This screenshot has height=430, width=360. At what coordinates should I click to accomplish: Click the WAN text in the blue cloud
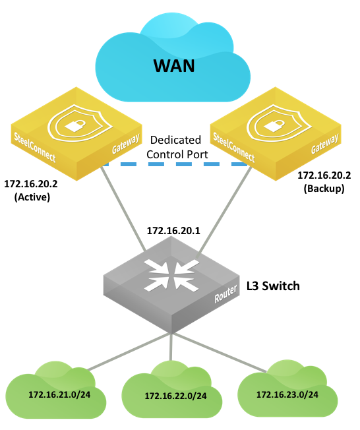coord(174,66)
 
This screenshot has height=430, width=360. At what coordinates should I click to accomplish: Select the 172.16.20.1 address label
coord(173,231)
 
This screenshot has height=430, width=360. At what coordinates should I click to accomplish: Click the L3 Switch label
coord(273,286)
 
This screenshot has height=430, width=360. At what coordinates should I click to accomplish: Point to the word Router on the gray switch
coord(225,294)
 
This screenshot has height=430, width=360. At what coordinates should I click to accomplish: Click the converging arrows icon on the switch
coord(172,275)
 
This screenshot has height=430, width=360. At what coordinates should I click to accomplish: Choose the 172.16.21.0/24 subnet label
coord(59,394)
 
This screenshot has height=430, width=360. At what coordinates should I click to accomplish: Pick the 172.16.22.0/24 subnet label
coord(176,396)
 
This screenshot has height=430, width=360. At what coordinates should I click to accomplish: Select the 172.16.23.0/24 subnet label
coord(287,394)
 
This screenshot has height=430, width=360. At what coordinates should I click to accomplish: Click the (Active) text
coord(32,197)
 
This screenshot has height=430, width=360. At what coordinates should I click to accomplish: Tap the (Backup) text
coord(324,189)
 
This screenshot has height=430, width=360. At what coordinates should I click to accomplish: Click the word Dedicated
coord(176,140)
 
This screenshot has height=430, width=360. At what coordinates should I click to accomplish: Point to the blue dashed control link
coord(175,164)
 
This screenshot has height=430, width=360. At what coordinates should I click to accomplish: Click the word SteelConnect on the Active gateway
coord(35,147)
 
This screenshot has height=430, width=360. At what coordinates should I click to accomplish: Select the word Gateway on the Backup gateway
coord(325,143)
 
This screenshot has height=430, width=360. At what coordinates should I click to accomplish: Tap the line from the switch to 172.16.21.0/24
coord(129,352)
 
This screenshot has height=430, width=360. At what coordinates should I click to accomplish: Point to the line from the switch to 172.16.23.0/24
coord(220,353)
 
